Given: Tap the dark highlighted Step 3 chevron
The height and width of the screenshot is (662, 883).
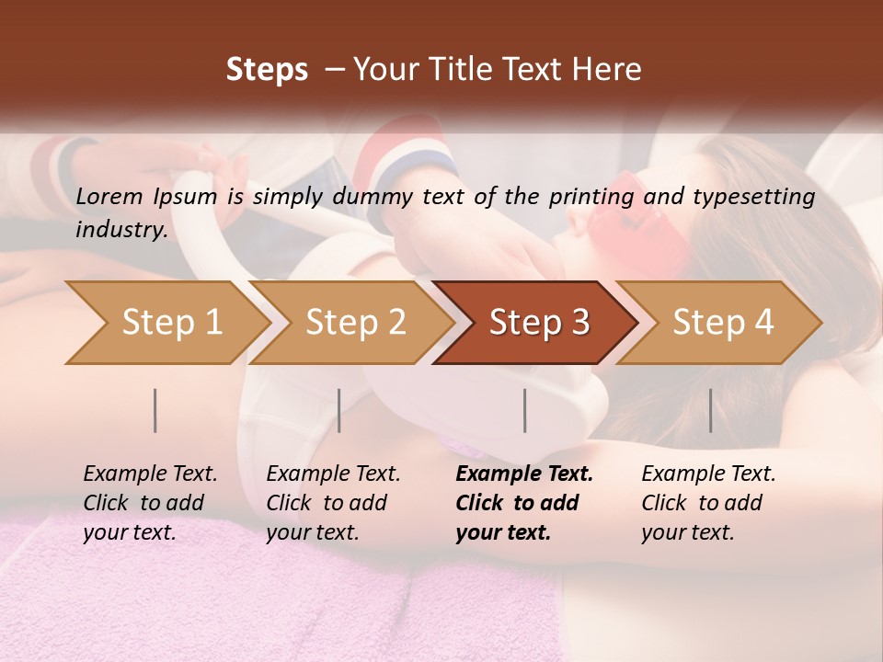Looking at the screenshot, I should pyautogui.click(x=538, y=323).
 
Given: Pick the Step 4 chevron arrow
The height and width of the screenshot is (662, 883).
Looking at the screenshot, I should pyautogui.click(x=722, y=323).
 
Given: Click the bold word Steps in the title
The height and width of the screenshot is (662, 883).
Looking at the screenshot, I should pyautogui.click(x=267, y=70).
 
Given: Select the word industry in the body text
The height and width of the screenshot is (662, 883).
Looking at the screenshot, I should pyautogui.click(x=121, y=229).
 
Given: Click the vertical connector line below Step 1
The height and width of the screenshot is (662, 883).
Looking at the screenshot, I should pyautogui.click(x=155, y=410).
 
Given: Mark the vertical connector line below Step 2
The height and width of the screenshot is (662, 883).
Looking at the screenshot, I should pyautogui.click(x=339, y=410).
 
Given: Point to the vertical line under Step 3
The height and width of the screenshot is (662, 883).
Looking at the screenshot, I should pyautogui.click(x=525, y=410).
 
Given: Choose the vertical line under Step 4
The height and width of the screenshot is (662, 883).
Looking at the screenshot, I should pyautogui.click(x=711, y=410).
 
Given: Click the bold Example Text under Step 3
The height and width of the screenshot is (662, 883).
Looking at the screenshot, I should pyautogui.click(x=524, y=474).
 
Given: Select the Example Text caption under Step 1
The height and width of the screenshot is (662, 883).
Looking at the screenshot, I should pyautogui.click(x=150, y=474).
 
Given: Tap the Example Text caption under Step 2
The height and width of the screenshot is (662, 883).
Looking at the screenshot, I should pyautogui.click(x=333, y=474).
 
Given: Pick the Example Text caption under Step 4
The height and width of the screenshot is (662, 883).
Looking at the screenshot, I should pyautogui.click(x=708, y=474).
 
